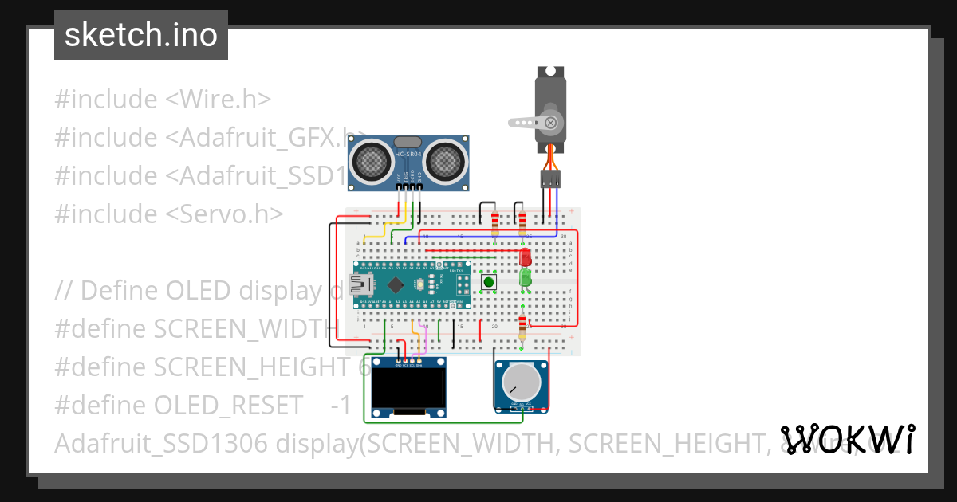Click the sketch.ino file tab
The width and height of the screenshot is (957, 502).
coord(140,35)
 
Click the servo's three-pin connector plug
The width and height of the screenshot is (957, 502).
coord(549,178)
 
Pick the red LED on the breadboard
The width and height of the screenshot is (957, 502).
coord(525,257)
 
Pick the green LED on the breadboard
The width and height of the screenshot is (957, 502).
coord(525,277)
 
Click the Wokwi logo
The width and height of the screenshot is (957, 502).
coord(848,438)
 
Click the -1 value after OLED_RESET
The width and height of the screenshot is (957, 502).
coord(341,405)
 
